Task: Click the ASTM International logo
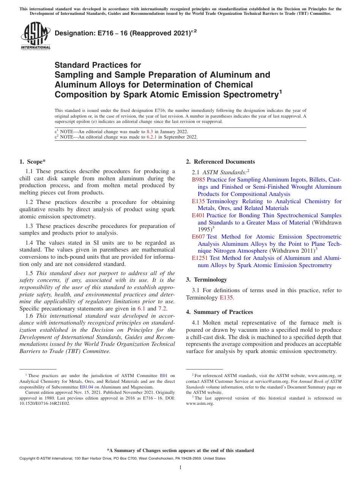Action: tap(35, 36)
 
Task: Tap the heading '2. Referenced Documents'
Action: tap(220, 162)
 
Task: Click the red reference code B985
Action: tap(198, 180)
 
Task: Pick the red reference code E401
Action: tap(198, 215)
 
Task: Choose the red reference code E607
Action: tap(198, 237)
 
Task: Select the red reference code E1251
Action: tap(200, 258)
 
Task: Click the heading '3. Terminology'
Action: tap(206, 280)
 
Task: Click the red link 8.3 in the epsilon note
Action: tap(150, 132)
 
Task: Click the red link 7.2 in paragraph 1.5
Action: tap(162, 309)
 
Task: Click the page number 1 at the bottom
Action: tap(180, 468)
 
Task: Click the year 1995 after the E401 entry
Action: tap(204, 230)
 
